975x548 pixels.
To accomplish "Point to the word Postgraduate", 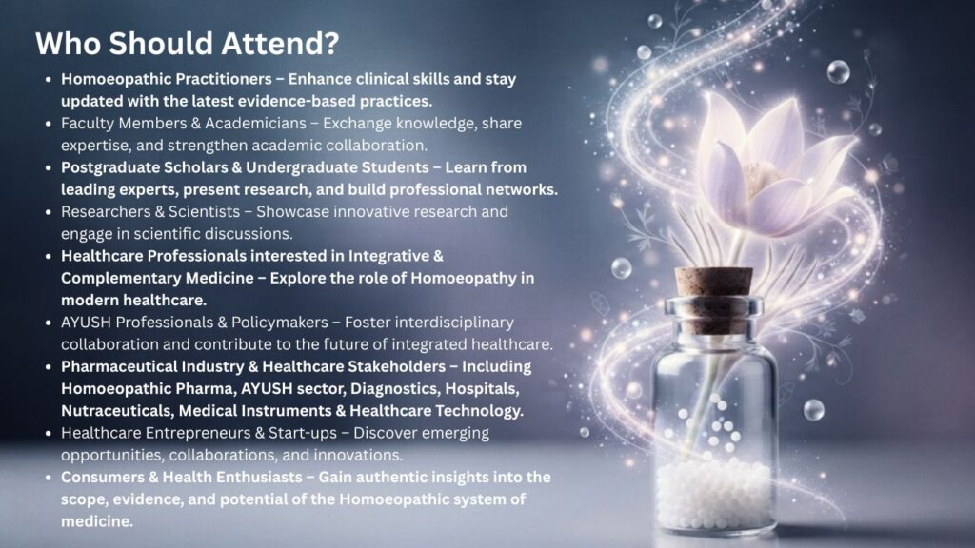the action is [x=109, y=167].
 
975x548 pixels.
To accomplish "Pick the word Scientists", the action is [x=205, y=212].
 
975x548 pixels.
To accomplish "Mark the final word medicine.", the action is [x=97, y=521].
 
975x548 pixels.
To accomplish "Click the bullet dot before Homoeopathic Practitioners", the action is [x=49, y=80].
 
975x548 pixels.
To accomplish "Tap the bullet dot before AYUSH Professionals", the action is [x=49, y=323].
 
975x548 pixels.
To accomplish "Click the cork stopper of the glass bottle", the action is [x=714, y=291].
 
